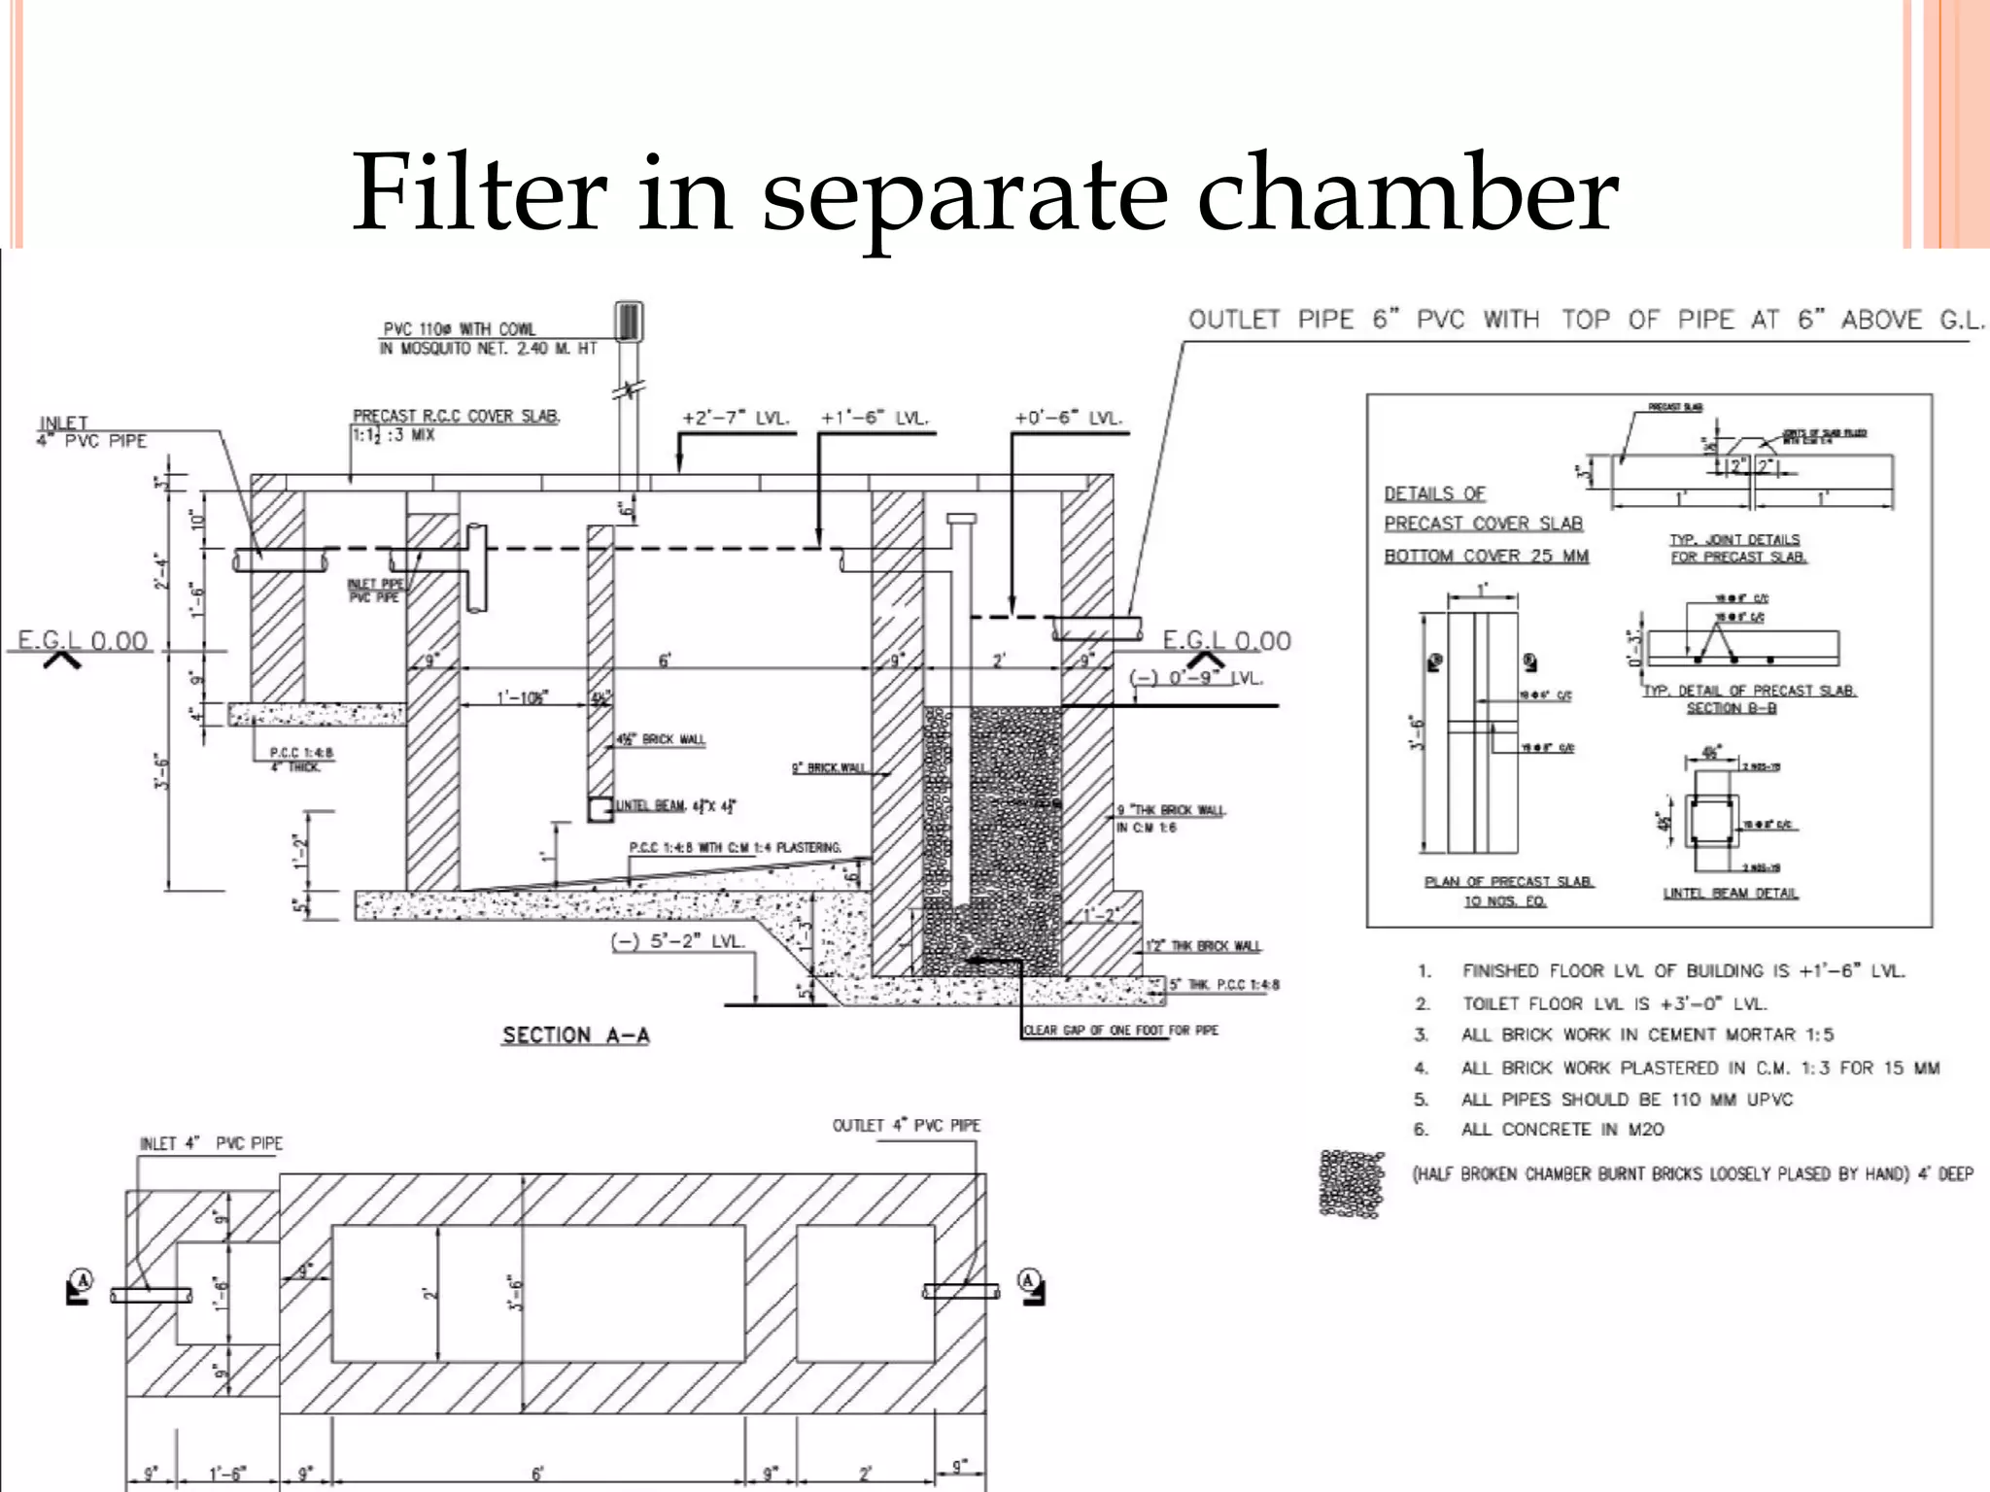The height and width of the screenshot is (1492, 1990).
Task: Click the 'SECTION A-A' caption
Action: tap(575, 1035)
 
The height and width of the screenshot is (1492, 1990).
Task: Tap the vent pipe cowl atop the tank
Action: tap(629, 322)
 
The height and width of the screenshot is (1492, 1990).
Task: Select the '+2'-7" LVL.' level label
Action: tap(736, 419)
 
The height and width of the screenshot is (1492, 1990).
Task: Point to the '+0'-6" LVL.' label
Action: tap(1068, 419)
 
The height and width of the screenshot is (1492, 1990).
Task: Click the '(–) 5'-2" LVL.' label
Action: tap(677, 941)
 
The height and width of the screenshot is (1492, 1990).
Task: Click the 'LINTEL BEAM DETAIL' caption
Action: tap(1731, 894)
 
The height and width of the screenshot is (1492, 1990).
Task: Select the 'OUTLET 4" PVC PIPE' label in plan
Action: tap(906, 1126)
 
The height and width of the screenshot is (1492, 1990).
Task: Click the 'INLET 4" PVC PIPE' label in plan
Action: tap(211, 1144)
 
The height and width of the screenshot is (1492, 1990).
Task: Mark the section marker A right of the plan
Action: tap(1028, 1281)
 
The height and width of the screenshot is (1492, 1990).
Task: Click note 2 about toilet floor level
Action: tap(1613, 1003)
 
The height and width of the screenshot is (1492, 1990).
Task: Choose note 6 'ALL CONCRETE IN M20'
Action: tap(1561, 1130)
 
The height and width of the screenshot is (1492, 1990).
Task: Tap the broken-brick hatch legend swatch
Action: tap(1351, 1182)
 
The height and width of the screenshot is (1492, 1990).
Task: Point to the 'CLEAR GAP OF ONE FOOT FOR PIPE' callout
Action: tap(1120, 1031)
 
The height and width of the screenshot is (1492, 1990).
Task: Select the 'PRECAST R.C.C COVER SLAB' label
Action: tap(456, 417)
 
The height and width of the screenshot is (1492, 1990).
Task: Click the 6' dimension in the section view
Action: tap(665, 661)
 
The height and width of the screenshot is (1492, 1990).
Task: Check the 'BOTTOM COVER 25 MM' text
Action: tap(1486, 556)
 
